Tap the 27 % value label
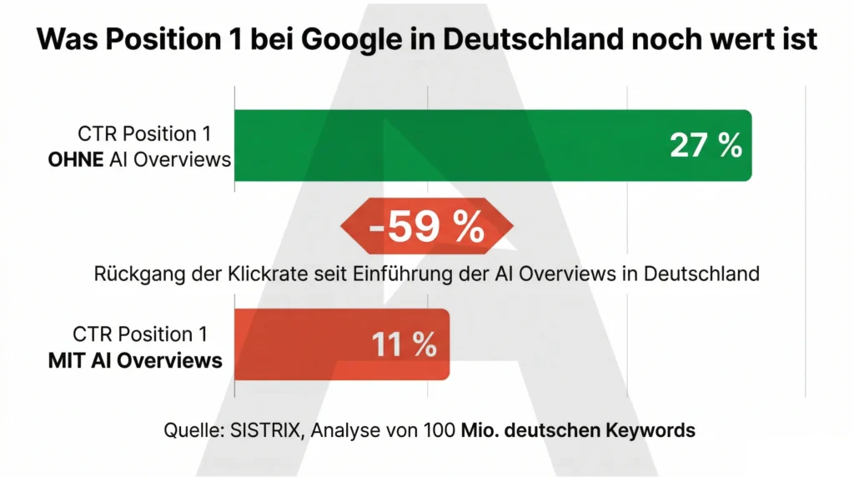(706, 145)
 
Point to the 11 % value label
(404, 344)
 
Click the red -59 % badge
(426, 226)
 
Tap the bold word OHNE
(77, 159)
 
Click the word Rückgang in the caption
(131, 273)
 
